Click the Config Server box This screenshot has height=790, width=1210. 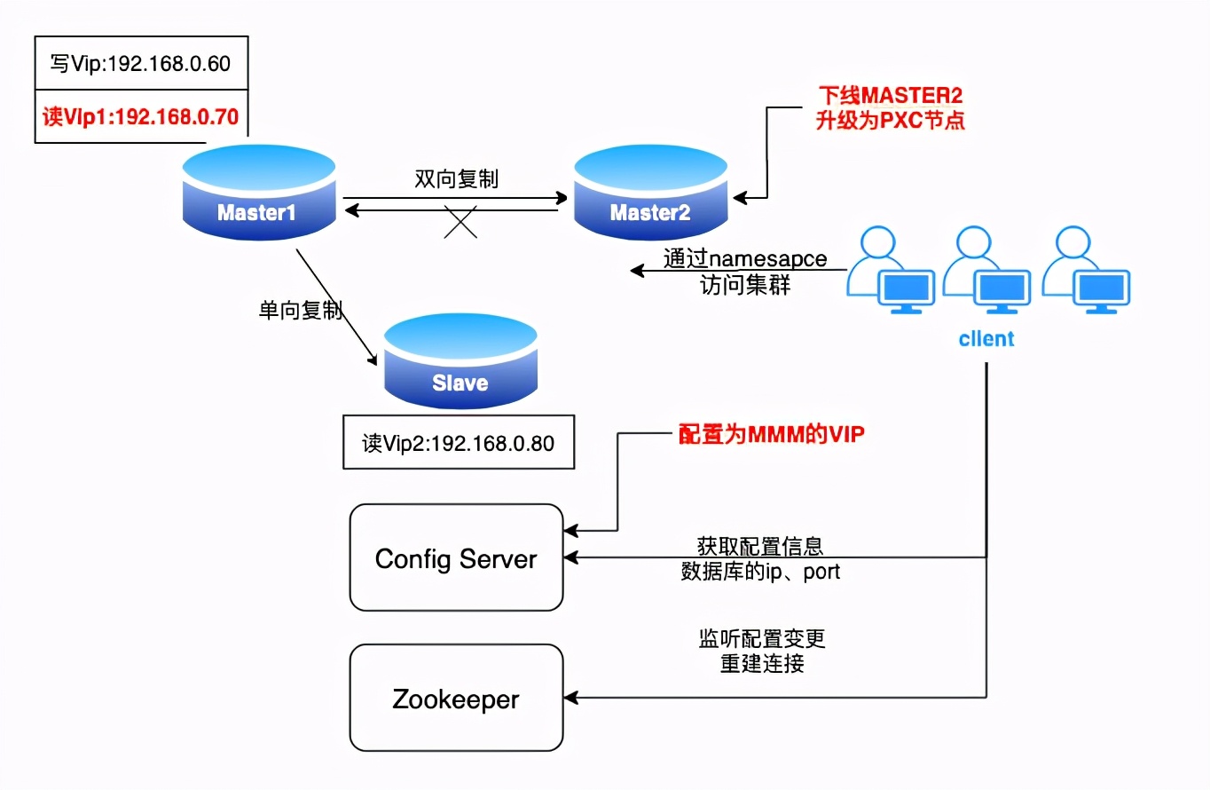pos(456,558)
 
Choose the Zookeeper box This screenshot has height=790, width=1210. pos(456,699)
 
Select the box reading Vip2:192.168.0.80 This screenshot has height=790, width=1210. pos(458,442)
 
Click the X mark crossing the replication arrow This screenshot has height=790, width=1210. pos(460,220)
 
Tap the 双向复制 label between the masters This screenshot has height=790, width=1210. pos(456,178)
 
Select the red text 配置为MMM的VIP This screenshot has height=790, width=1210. pos(771,435)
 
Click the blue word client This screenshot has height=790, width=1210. pos(986,339)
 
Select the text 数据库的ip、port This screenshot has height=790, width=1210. pos(760,572)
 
